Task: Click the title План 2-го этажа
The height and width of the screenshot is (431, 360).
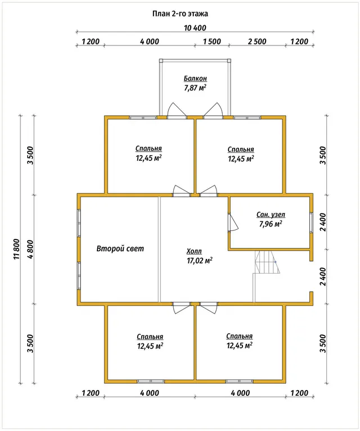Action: pyautogui.click(x=180, y=13)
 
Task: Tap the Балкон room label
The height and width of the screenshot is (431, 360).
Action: pyautogui.click(x=195, y=79)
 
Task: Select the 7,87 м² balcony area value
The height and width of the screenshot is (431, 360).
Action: pyautogui.click(x=195, y=88)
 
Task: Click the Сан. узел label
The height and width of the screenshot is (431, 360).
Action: pyautogui.click(x=271, y=215)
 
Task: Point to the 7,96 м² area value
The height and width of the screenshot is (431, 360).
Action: pyautogui.click(x=271, y=224)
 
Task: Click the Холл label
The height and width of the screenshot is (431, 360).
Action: pyautogui.click(x=194, y=251)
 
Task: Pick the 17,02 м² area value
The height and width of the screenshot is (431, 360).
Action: pyautogui.click(x=199, y=260)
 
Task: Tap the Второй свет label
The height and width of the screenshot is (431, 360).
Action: pyautogui.click(x=120, y=248)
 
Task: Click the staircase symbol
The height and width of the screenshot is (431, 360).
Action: pyautogui.click(x=267, y=262)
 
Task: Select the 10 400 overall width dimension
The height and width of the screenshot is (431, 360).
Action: pyautogui.click(x=195, y=28)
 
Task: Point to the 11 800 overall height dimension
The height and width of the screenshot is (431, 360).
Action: pyautogui.click(x=16, y=249)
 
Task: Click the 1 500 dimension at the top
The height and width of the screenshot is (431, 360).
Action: pyautogui.click(x=212, y=42)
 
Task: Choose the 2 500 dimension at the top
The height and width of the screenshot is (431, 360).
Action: pyautogui.click(x=257, y=42)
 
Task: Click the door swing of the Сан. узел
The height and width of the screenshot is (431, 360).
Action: pyautogui.click(x=233, y=223)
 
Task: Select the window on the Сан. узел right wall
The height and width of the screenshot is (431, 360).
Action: pyautogui.click(x=311, y=223)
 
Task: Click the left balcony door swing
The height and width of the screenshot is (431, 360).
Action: pyautogui.click(x=177, y=110)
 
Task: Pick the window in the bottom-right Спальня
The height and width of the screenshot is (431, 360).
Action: pyautogui.click(x=239, y=381)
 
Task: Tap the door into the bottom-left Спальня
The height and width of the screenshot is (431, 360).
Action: pyautogui.click(x=181, y=308)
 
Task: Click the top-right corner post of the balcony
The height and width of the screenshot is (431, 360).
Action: pyautogui.click(x=229, y=61)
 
